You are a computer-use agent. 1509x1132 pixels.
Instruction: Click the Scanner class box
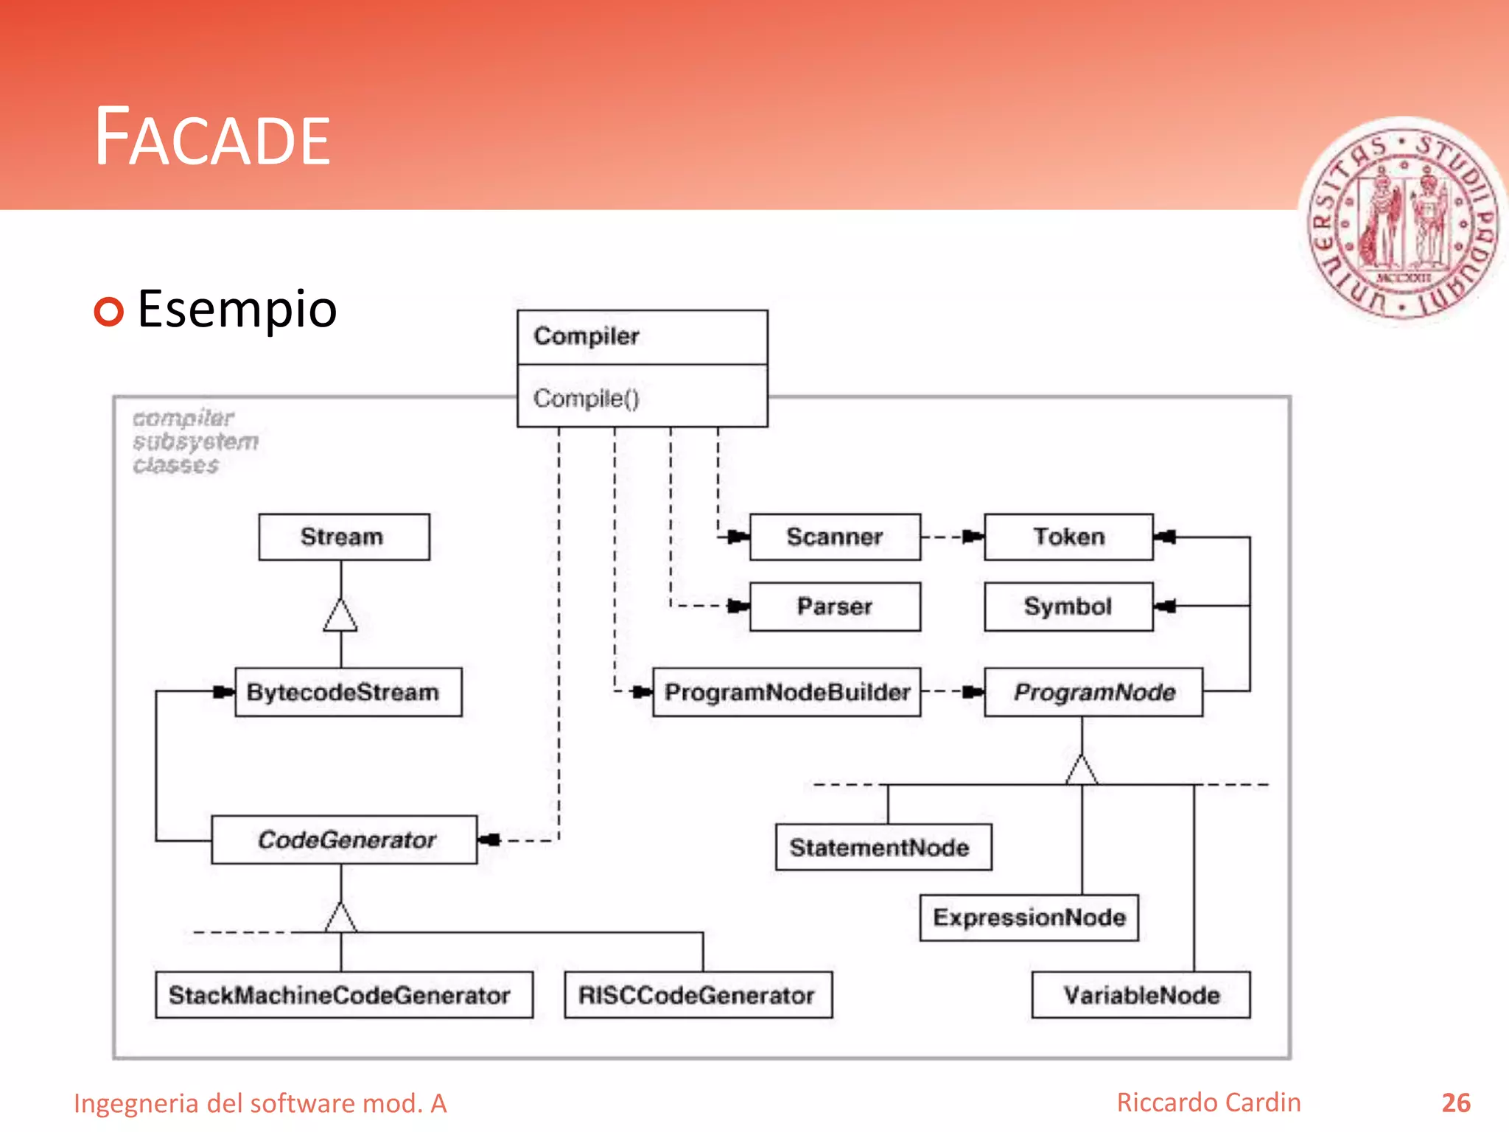[x=835, y=537]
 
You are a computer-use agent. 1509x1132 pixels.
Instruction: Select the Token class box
[x=1068, y=537]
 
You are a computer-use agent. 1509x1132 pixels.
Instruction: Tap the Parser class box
[x=835, y=607]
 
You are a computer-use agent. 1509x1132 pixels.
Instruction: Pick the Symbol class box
[x=1068, y=607]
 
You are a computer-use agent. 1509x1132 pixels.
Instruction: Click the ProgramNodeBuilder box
[x=787, y=692]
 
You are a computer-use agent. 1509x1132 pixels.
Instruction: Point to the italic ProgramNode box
[x=1093, y=692]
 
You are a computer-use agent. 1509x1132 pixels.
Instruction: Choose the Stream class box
[x=343, y=537]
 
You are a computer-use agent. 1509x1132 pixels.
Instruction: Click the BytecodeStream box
[x=348, y=692]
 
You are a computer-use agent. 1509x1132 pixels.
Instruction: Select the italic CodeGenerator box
[x=344, y=839]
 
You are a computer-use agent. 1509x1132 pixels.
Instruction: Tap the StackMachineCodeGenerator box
[x=343, y=995]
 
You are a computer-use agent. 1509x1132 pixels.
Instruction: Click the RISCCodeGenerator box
[x=698, y=995]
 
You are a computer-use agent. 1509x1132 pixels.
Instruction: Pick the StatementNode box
[x=883, y=848]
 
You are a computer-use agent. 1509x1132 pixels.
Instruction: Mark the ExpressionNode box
[x=1029, y=918]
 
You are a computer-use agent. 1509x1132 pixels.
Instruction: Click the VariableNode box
[x=1141, y=995]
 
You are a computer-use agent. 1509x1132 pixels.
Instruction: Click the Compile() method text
[x=587, y=399]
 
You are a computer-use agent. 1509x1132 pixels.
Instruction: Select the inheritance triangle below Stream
[x=340, y=615]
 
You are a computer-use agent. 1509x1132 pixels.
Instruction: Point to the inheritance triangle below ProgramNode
[x=1082, y=770]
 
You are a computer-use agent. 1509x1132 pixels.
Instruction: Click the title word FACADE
[x=213, y=138]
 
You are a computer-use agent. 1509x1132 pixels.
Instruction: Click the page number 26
[x=1455, y=1103]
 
